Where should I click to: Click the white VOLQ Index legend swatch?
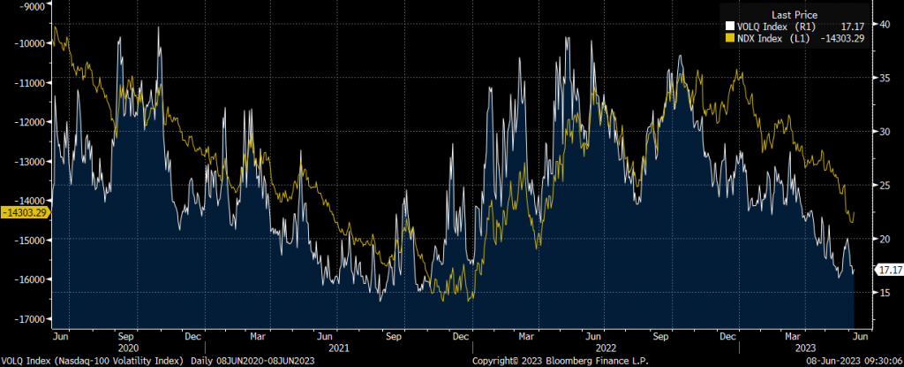pyautogui.click(x=730, y=27)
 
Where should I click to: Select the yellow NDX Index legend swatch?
pyautogui.click(x=730, y=38)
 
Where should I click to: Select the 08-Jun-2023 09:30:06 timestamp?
pyautogui.click(x=849, y=361)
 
